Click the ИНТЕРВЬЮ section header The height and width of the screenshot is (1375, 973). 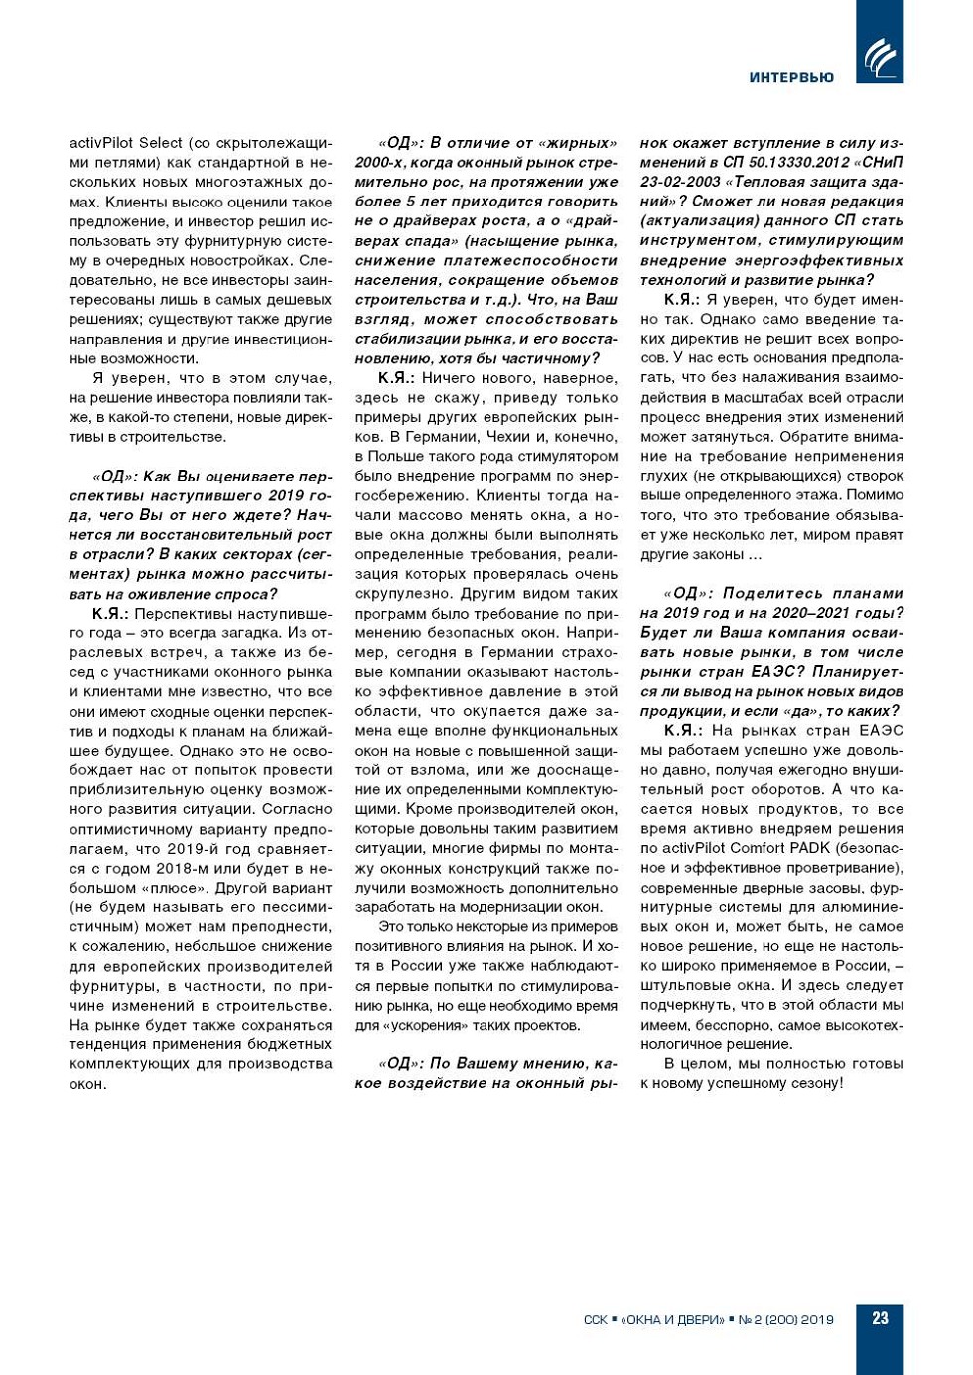pos(791,77)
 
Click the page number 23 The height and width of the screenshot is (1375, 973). pos(880,1318)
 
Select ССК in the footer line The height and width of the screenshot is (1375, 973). pos(595,1320)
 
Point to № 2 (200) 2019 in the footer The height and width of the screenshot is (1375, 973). pos(786,1320)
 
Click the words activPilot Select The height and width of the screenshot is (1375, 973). pos(126,143)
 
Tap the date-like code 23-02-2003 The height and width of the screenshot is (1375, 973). pos(680,182)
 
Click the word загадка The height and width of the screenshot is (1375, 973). pos(254,633)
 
